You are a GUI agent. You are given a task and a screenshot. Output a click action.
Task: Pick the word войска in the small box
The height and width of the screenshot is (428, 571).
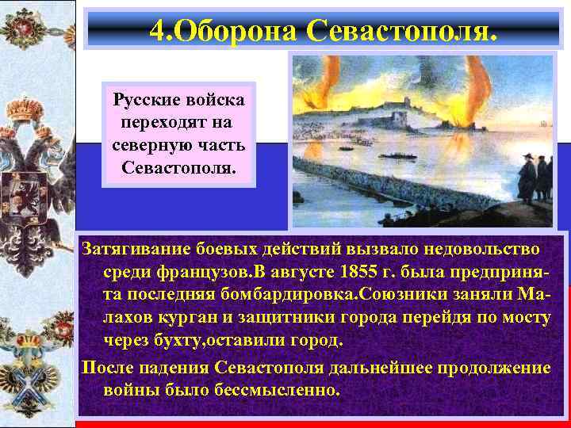pos(216,101)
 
